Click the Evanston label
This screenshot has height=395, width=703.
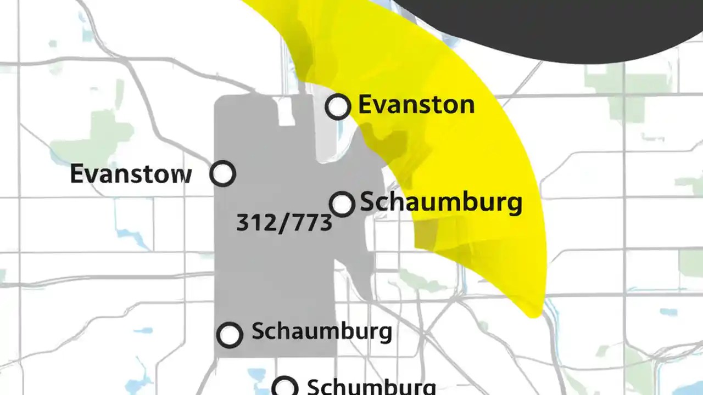coord(416,104)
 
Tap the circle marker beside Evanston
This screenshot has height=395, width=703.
coord(338,106)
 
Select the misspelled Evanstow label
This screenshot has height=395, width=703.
coord(131,174)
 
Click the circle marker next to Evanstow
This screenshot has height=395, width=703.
coord(223,174)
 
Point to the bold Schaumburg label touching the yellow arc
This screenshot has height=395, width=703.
coord(440,202)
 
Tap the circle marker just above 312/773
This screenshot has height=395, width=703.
coord(342,204)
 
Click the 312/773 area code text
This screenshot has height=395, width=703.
coord(284,223)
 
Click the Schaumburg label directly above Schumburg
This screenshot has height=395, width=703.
coord(321,331)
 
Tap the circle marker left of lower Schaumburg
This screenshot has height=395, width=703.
coord(230,334)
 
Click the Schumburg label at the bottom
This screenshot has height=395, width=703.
coord(371,386)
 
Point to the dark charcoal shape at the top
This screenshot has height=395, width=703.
coord(549,25)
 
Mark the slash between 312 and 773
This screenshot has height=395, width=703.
coord(283,223)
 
